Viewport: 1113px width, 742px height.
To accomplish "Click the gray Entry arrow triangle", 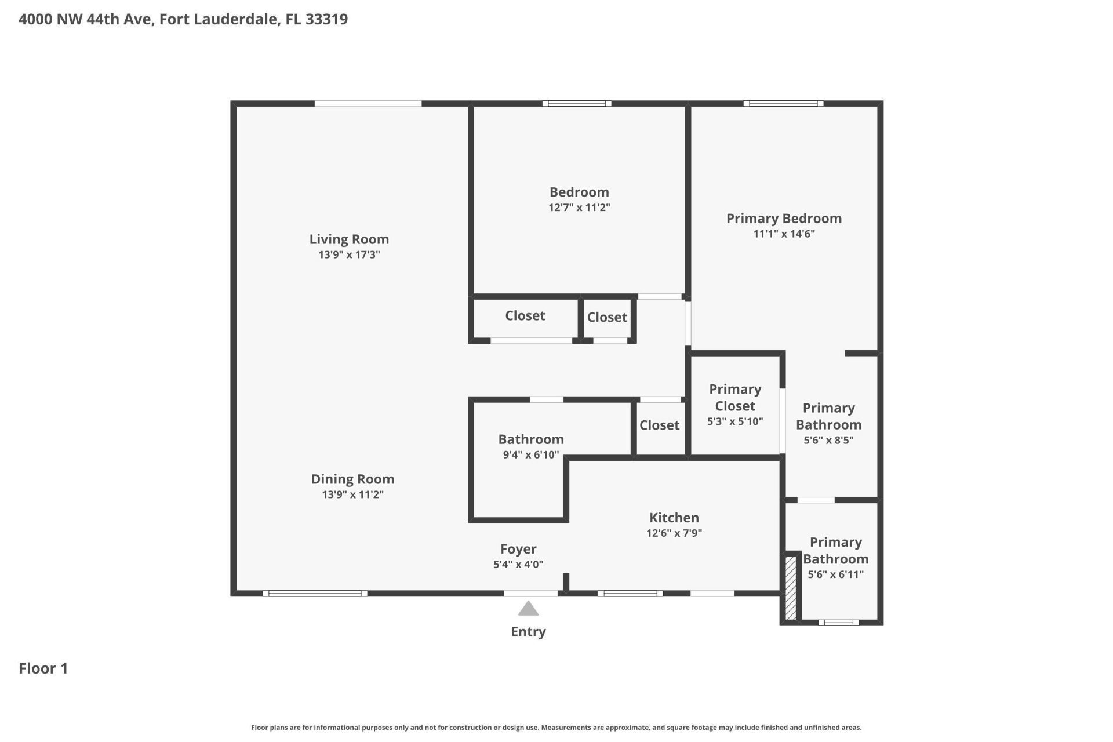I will tap(528, 609).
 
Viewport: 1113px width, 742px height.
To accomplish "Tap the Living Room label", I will tap(349, 239).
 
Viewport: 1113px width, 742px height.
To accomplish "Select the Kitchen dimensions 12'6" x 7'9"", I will tap(674, 533).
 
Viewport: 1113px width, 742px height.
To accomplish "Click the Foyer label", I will tap(518, 549).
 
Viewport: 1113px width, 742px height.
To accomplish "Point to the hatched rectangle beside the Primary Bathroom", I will tap(791, 588).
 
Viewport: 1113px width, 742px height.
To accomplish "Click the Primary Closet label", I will tap(735, 398).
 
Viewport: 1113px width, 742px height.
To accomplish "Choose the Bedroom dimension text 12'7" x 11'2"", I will tap(579, 208).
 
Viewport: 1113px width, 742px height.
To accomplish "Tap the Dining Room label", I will tap(352, 479).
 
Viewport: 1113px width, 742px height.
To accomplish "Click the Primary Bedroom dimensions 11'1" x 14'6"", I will tap(784, 234).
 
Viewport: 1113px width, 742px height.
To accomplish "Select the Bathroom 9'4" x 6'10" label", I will tap(530, 446).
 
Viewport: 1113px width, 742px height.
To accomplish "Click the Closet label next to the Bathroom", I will tap(659, 425).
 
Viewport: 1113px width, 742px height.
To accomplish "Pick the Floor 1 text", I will tap(43, 668).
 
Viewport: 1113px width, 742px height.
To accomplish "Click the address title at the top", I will tap(183, 19).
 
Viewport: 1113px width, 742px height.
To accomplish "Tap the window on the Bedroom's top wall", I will tap(577, 104).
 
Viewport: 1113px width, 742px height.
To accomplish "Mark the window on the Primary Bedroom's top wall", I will tap(783, 104).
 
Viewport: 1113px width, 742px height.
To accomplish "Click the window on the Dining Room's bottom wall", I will tap(315, 594).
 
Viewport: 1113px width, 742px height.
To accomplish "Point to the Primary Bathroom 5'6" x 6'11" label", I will tap(835, 558).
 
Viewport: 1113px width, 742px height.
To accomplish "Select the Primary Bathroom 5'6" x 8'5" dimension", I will tap(828, 440).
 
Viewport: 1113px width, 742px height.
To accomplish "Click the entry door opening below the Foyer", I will tap(530, 594).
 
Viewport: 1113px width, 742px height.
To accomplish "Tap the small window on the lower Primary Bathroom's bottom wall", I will tap(838, 623).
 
